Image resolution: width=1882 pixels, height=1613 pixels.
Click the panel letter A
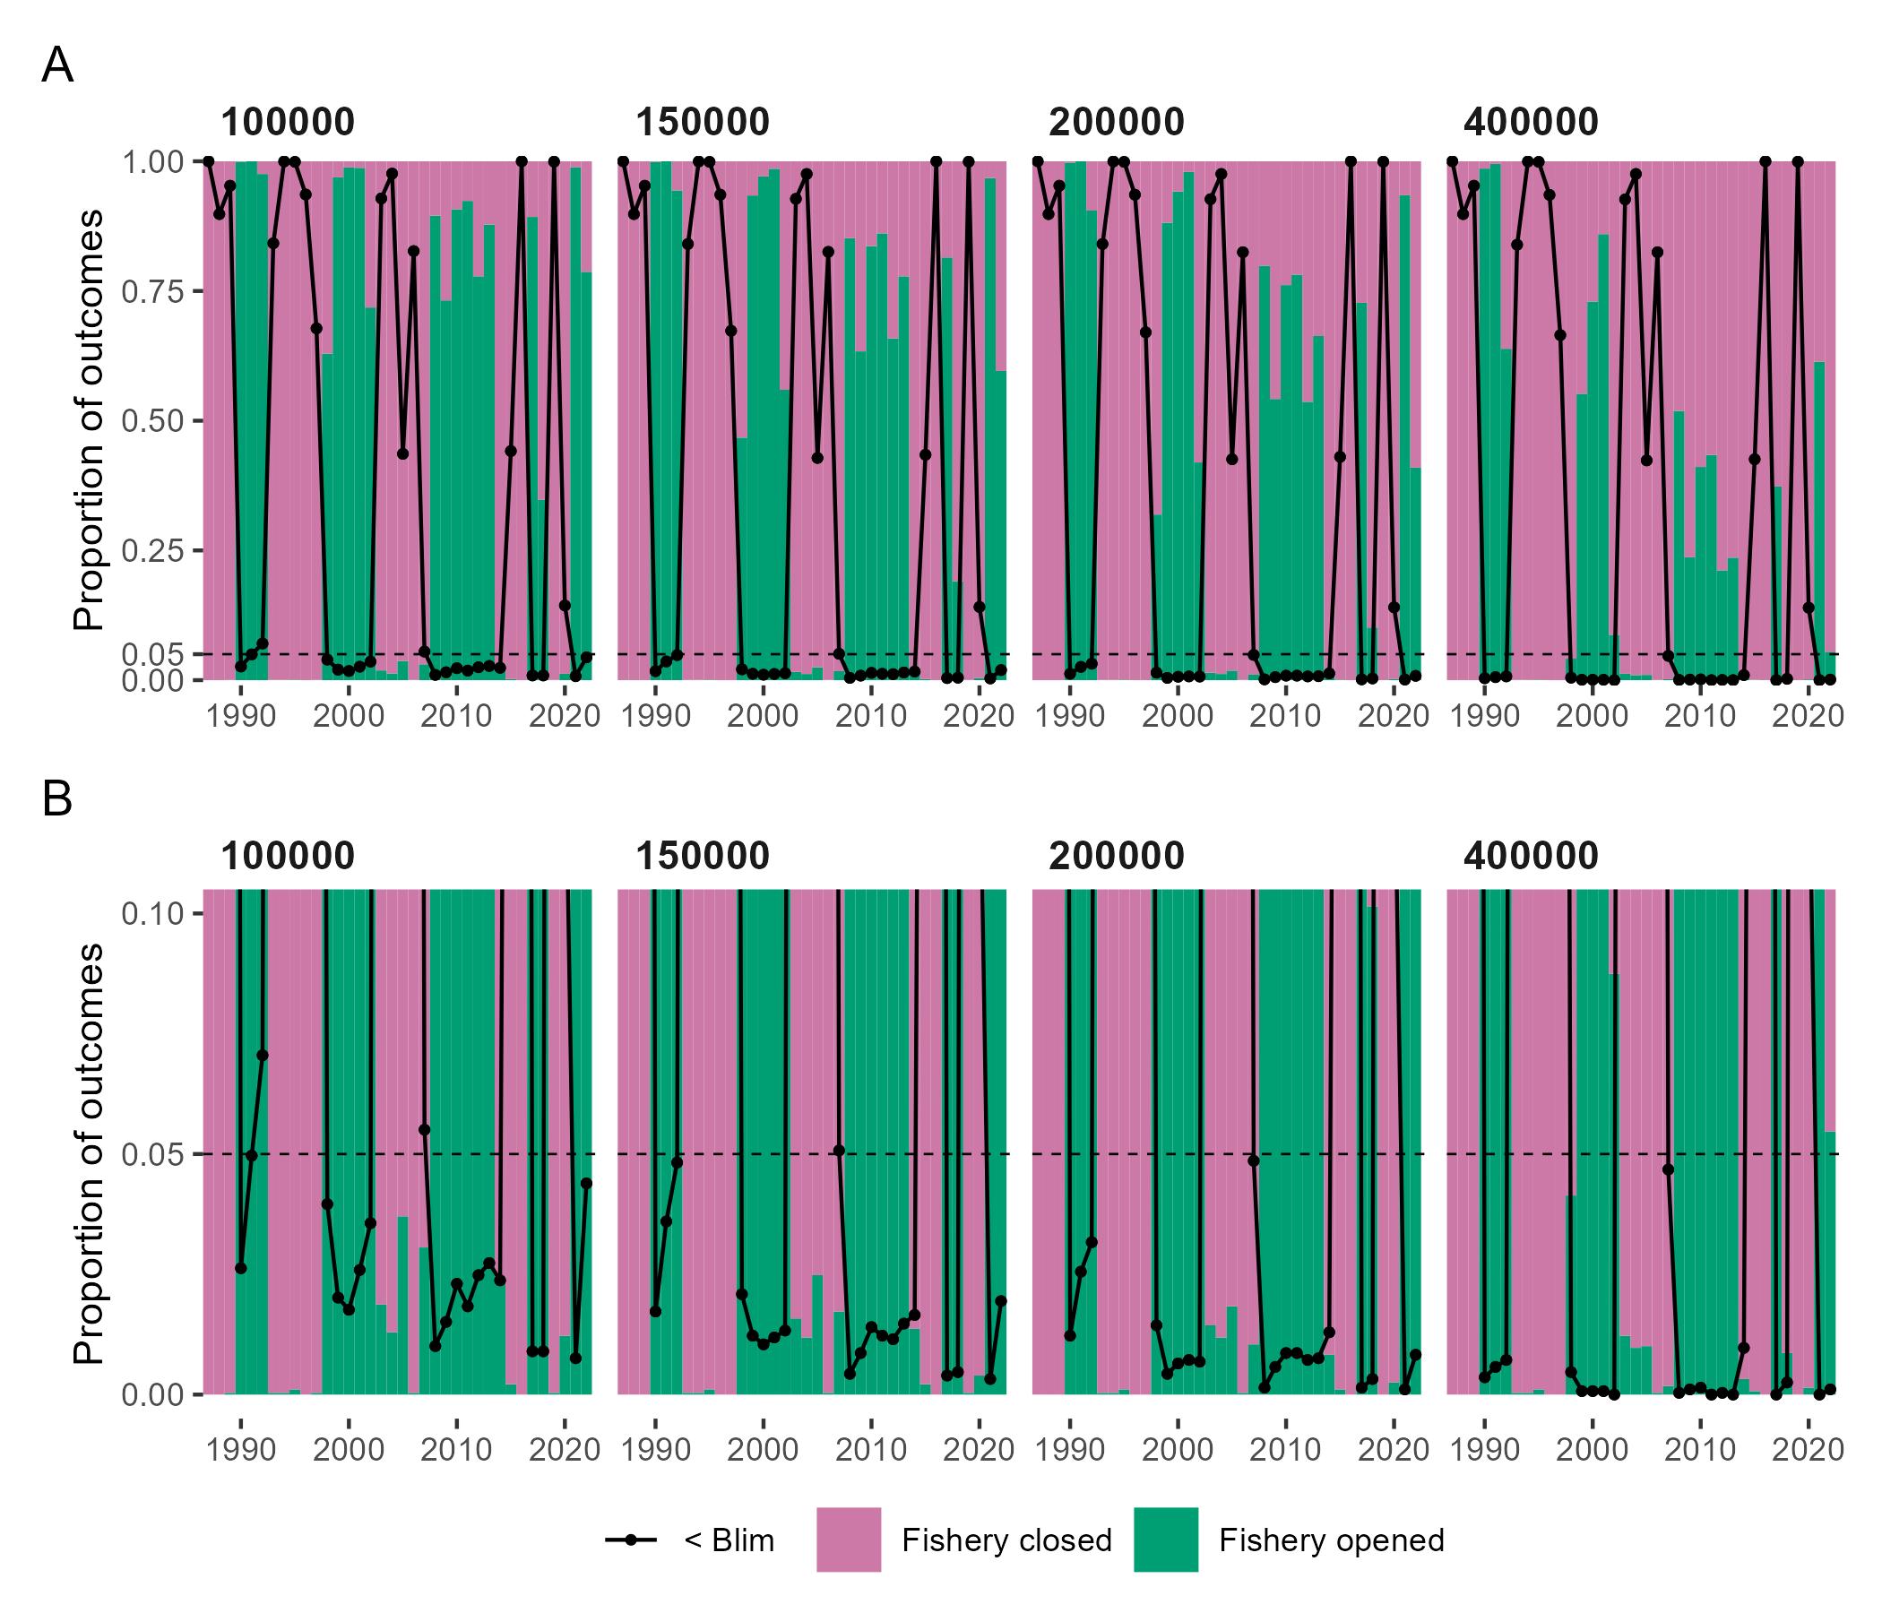pos(57,66)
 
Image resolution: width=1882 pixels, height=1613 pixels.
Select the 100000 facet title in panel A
pos(287,123)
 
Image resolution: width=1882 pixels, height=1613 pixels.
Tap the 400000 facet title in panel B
pos(1531,857)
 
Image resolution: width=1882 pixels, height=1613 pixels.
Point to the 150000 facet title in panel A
pos(702,123)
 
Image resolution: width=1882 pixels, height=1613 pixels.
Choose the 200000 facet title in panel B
pos(1117,857)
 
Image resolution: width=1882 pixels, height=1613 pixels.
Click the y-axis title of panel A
pos(88,419)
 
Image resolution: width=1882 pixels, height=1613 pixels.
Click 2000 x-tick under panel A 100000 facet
pos(349,717)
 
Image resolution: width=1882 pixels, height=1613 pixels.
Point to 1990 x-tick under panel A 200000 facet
pos(1070,717)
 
